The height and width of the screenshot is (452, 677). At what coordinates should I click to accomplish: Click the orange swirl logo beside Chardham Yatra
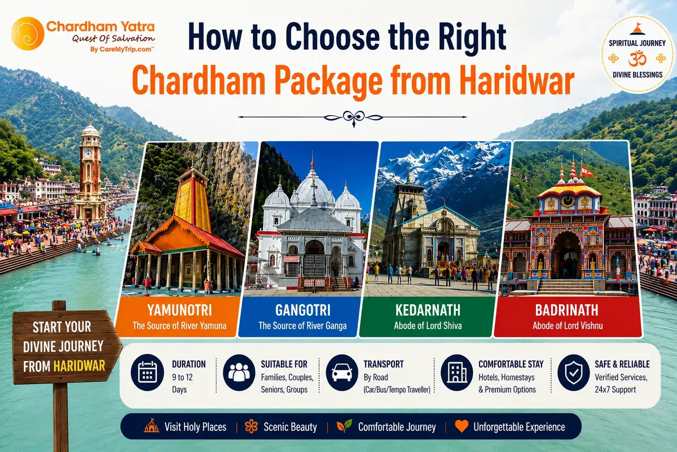click(x=28, y=33)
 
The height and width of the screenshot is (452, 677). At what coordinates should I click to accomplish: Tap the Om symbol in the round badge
click(x=637, y=59)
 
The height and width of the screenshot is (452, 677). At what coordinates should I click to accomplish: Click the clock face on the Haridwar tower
click(x=88, y=154)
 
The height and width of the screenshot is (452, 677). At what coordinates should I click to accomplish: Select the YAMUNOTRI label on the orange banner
click(x=179, y=310)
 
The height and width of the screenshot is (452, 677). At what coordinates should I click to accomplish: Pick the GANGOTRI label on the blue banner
click(x=303, y=310)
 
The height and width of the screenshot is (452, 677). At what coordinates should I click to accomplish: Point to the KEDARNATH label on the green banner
click(x=428, y=310)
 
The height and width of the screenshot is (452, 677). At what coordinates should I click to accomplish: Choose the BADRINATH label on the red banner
click(x=566, y=310)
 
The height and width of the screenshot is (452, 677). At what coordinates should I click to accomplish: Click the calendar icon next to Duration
click(x=147, y=372)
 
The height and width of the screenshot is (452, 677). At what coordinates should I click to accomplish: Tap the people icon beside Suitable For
click(x=239, y=372)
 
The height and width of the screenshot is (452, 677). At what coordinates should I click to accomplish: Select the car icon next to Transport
click(x=342, y=372)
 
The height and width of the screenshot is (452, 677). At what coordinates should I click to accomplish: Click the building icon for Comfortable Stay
click(x=456, y=372)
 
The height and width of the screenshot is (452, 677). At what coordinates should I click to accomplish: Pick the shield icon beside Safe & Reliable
click(x=574, y=372)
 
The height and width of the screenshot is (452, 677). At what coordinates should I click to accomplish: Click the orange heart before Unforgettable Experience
click(x=461, y=426)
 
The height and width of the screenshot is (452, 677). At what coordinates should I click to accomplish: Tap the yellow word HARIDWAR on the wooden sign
click(x=80, y=366)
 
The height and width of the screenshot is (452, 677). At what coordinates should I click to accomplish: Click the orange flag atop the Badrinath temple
click(x=587, y=171)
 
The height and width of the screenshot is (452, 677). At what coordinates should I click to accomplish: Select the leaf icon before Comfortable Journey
click(x=345, y=425)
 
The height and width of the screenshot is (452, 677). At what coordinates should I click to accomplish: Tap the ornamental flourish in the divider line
click(x=353, y=118)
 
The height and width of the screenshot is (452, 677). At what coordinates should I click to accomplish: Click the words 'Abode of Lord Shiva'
click(x=428, y=326)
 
